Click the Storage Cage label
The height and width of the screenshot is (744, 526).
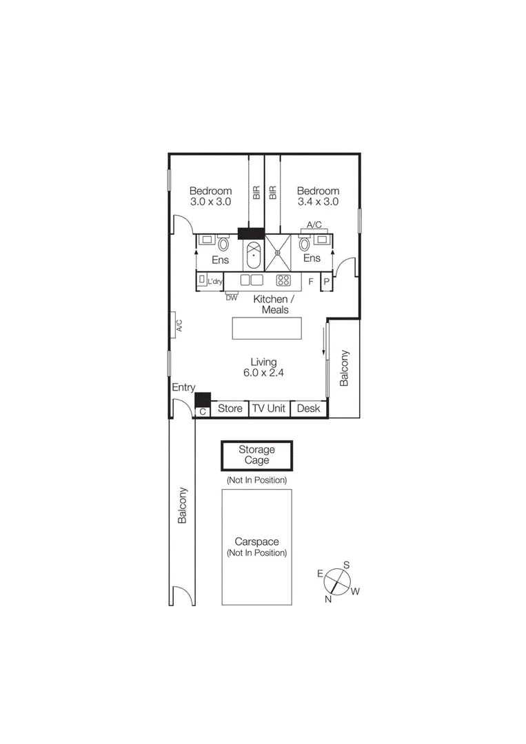click(256, 455)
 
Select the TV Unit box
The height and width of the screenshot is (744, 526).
click(268, 409)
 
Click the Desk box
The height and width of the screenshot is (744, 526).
click(308, 409)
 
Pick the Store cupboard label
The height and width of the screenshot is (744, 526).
click(230, 409)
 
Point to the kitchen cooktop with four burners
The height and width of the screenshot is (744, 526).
click(283, 280)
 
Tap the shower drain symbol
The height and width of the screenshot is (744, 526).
click(278, 253)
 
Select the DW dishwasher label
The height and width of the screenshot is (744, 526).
click(231, 298)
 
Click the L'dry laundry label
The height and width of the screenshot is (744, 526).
click(215, 281)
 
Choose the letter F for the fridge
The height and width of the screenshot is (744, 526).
click(311, 281)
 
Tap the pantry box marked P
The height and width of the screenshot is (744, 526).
click(327, 281)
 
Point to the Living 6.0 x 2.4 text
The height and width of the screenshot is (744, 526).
click(264, 367)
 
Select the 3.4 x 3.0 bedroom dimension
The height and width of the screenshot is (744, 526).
click(318, 202)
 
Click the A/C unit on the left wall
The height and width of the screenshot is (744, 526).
click(177, 324)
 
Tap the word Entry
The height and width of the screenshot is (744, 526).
click(183, 388)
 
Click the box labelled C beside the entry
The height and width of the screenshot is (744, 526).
click(203, 411)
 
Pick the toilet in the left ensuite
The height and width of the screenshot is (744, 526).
click(223, 243)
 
